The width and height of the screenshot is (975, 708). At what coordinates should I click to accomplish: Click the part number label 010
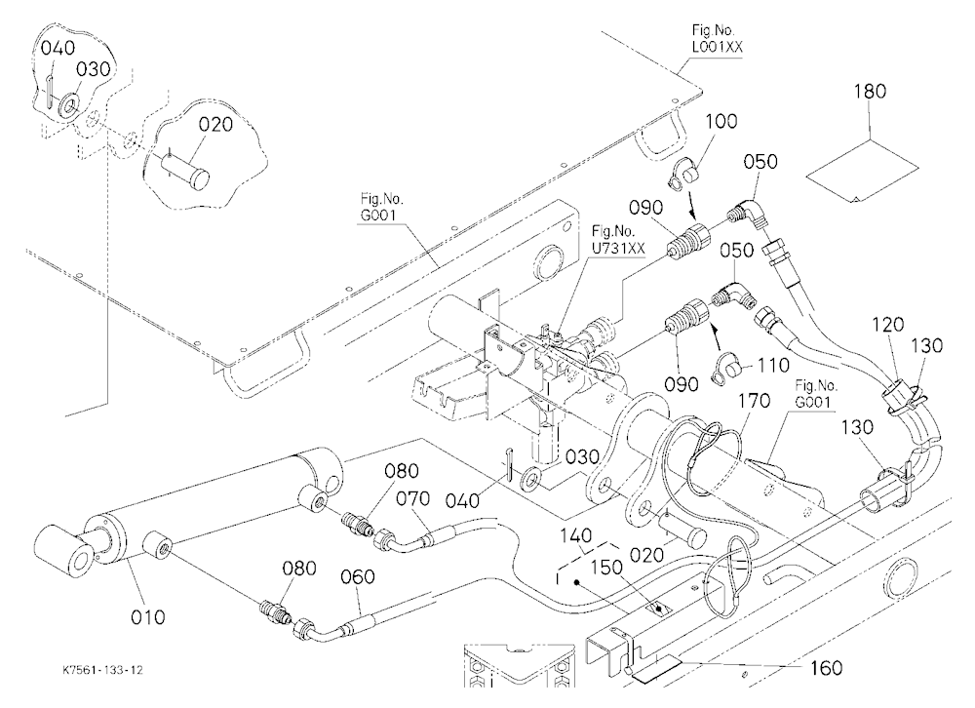pyautogui.click(x=148, y=617)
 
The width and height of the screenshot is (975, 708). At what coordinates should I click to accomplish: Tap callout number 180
pyautogui.click(x=870, y=92)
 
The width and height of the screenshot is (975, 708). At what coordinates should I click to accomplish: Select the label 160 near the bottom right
pyautogui.click(x=826, y=668)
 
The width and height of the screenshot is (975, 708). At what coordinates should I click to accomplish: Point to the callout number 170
pyautogui.click(x=754, y=401)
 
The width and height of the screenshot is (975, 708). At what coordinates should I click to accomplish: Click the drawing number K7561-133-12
pyautogui.click(x=103, y=670)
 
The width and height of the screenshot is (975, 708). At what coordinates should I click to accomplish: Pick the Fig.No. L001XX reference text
pyautogui.click(x=717, y=39)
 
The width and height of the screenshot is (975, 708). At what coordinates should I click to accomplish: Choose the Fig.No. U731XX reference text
pyautogui.click(x=619, y=240)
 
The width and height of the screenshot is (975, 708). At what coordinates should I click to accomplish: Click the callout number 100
pyautogui.click(x=721, y=121)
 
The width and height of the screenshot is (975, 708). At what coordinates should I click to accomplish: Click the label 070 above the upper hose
pyautogui.click(x=412, y=498)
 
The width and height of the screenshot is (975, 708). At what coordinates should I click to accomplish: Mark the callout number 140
pyautogui.click(x=575, y=535)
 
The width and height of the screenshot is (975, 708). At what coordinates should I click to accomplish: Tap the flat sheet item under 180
pyautogui.click(x=861, y=170)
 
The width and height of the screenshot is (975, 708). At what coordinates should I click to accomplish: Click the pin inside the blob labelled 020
pyautogui.click(x=186, y=173)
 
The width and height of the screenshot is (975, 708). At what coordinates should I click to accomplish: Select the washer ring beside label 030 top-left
pyautogui.click(x=67, y=105)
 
